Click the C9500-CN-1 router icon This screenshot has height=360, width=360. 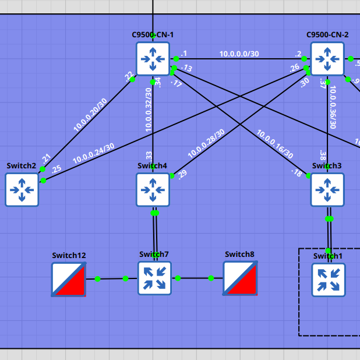[x=153, y=58]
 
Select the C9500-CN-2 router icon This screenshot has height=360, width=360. [x=327, y=58]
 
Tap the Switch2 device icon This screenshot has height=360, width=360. [x=22, y=189]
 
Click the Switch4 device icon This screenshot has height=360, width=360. [x=153, y=189]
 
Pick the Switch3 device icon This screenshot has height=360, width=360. [x=327, y=189]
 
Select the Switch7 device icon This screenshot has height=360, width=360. [x=154, y=278]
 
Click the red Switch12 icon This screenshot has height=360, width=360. [x=69, y=279]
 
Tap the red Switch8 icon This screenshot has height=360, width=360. [x=240, y=278]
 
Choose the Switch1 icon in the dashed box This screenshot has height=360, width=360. [x=328, y=280]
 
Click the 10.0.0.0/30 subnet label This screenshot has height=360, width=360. [x=239, y=54]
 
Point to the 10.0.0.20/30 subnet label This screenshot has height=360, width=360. [x=90, y=114]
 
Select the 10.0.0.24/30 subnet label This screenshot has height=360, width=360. [x=93, y=153]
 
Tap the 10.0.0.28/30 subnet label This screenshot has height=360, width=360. [x=206, y=144]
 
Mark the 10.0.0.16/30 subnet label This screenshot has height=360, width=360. [x=275, y=144]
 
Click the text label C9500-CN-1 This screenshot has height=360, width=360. [x=153, y=35]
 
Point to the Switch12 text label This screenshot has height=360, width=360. [x=69, y=255]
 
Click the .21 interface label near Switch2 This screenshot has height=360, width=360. [x=47, y=157]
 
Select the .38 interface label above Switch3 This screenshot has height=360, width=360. [x=322, y=154]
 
